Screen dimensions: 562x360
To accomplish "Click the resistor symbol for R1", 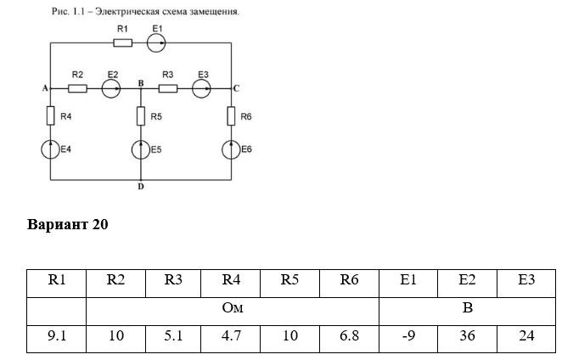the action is click(x=122, y=43).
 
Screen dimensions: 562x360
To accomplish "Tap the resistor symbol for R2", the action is click(x=77, y=88).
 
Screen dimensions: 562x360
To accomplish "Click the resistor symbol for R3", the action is click(x=168, y=88).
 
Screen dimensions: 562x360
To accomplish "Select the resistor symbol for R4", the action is click(x=51, y=115).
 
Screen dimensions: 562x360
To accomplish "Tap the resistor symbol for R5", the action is click(x=141, y=115).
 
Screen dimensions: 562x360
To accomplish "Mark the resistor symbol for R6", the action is click(x=231, y=115).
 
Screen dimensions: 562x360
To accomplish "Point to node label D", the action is click(x=141, y=187).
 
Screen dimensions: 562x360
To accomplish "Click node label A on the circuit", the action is click(x=45, y=88).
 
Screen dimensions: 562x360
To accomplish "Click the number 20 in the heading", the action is click(x=100, y=224).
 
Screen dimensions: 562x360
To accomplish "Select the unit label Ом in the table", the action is click(x=233, y=308).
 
